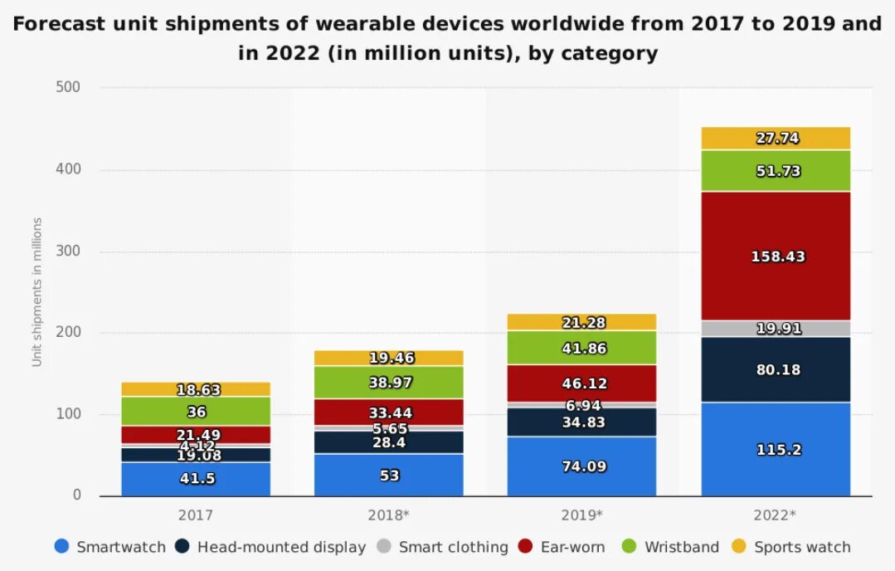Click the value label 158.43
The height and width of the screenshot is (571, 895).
click(x=777, y=256)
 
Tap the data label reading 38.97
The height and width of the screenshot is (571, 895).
click(x=389, y=383)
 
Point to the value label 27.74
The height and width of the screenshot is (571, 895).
click(x=777, y=139)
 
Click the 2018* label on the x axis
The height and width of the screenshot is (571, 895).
click(x=388, y=515)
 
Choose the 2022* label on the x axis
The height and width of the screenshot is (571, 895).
click(x=775, y=515)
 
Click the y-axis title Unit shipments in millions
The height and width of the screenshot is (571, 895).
click(x=37, y=291)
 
